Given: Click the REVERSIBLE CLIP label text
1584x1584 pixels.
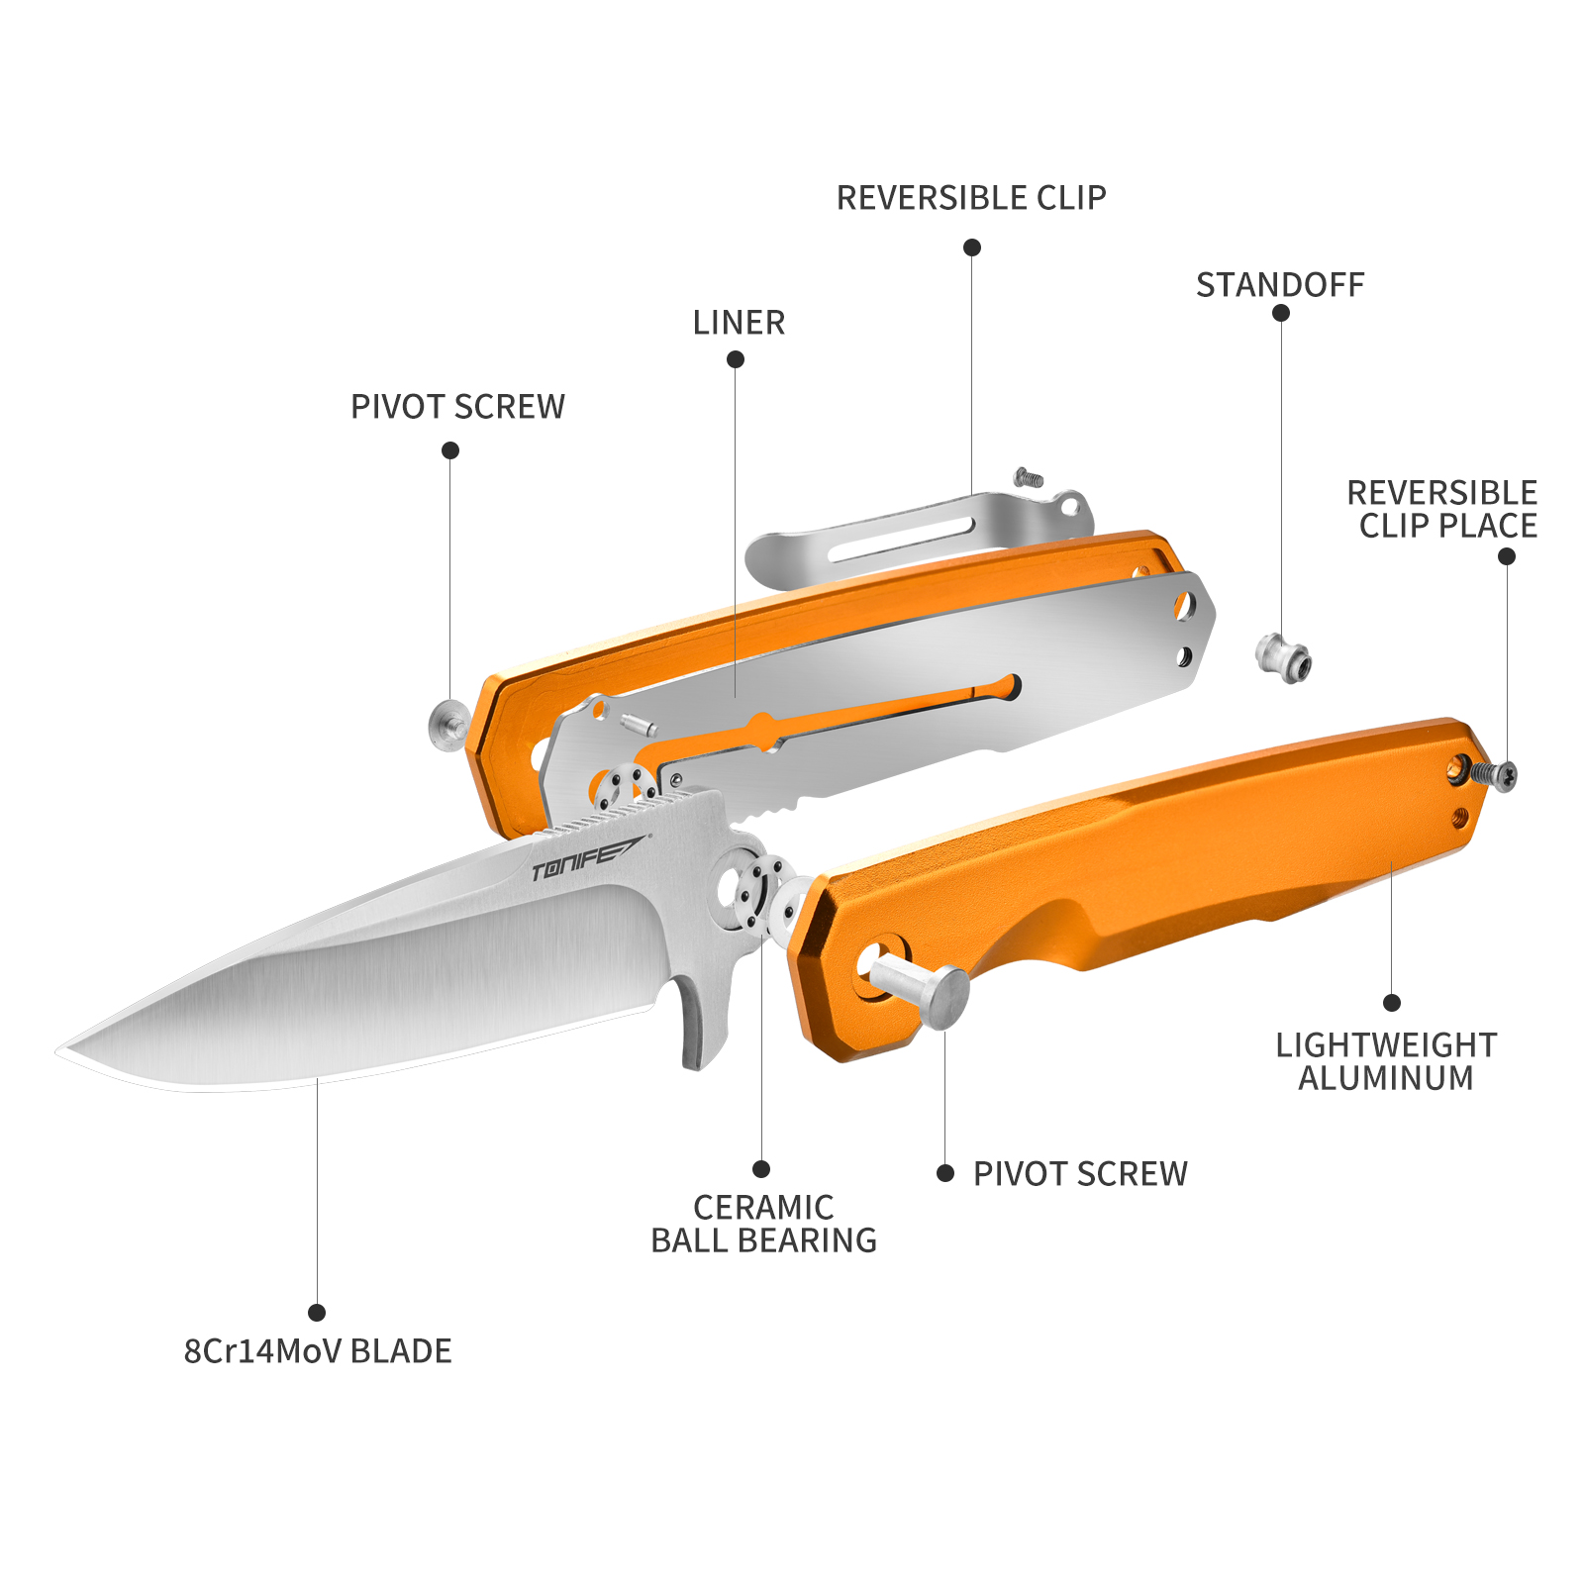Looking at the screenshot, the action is [x=971, y=198].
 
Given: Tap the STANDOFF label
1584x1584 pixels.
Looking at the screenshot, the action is [x=1280, y=285].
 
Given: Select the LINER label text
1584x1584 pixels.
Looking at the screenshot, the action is [x=739, y=323].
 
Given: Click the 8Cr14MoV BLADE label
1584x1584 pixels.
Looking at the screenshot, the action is [x=318, y=1351].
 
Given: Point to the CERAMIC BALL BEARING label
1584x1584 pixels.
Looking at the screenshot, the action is [x=763, y=1224].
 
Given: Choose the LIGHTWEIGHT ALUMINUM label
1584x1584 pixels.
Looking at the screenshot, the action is [x=1386, y=1061].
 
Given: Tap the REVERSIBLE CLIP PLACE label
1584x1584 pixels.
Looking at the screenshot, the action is [x=1442, y=509].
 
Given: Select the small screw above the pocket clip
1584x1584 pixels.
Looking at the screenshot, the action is [x=1029, y=478].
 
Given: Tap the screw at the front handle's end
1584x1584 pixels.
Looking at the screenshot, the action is [x=1494, y=775].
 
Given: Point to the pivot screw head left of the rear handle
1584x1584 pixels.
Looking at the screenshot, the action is [x=448, y=725].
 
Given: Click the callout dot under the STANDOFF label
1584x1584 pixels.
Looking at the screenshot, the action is [x=1281, y=313].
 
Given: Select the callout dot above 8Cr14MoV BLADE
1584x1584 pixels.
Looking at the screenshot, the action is [x=317, y=1313].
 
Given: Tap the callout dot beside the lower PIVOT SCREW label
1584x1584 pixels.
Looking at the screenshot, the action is [x=945, y=1173].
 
